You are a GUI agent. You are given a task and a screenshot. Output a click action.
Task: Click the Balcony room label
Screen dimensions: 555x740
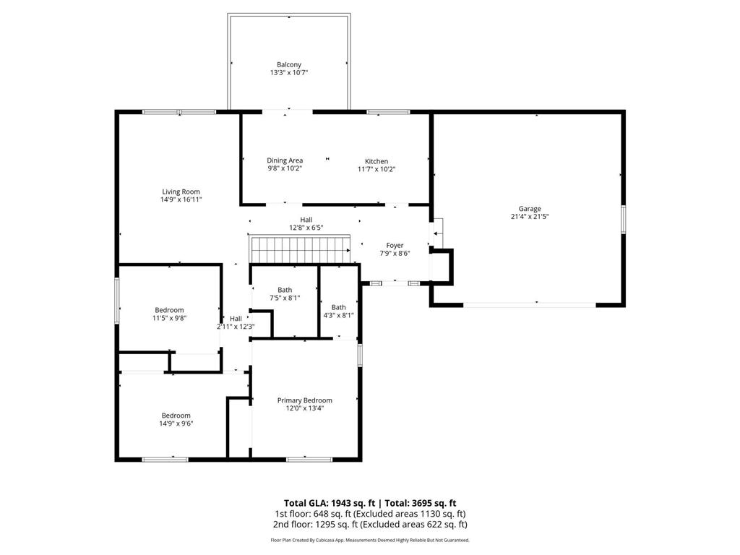pyautogui.click(x=288, y=64)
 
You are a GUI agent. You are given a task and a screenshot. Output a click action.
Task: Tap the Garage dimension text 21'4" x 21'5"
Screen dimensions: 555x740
pyautogui.click(x=530, y=217)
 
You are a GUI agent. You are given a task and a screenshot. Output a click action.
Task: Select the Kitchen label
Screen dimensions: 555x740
pyautogui.click(x=376, y=161)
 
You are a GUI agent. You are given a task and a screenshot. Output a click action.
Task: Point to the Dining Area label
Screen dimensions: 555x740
pyautogui.click(x=285, y=160)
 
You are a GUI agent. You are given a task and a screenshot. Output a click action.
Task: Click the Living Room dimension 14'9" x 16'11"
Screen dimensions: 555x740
pyautogui.click(x=181, y=199)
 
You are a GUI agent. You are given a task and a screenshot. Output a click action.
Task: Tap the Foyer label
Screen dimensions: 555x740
pyautogui.click(x=395, y=246)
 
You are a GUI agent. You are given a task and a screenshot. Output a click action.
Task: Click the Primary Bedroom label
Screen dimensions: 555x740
pyautogui.click(x=304, y=400)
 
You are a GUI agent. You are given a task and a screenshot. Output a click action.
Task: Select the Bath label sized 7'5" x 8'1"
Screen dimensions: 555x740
pyautogui.click(x=285, y=290)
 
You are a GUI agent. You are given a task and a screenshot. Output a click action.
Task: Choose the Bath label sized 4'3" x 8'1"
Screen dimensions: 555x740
pyautogui.click(x=338, y=307)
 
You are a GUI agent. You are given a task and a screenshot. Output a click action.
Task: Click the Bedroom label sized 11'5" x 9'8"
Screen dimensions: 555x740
pyautogui.click(x=168, y=310)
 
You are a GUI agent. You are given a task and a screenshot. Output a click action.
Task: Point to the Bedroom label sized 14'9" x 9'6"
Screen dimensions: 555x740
pyautogui.click(x=176, y=416)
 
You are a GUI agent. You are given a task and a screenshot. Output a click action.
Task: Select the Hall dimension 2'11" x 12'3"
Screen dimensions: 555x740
pyautogui.click(x=236, y=327)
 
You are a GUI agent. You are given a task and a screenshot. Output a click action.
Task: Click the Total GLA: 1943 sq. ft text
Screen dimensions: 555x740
pyautogui.click(x=329, y=503)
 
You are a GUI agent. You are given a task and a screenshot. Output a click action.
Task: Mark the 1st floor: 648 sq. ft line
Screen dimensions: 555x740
pyautogui.click(x=369, y=514)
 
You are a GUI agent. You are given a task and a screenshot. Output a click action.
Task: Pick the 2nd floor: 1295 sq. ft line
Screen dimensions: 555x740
pyautogui.click(x=369, y=525)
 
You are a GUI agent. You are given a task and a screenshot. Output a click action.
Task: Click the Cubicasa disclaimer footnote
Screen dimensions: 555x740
pyautogui.click(x=369, y=540)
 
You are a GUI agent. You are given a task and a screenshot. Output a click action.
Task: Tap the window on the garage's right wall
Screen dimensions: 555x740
pyautogui.click(x=623, y=219)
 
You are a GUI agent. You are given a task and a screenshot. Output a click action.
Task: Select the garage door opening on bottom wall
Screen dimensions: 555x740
pyautogui.click(x=530, y=305)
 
